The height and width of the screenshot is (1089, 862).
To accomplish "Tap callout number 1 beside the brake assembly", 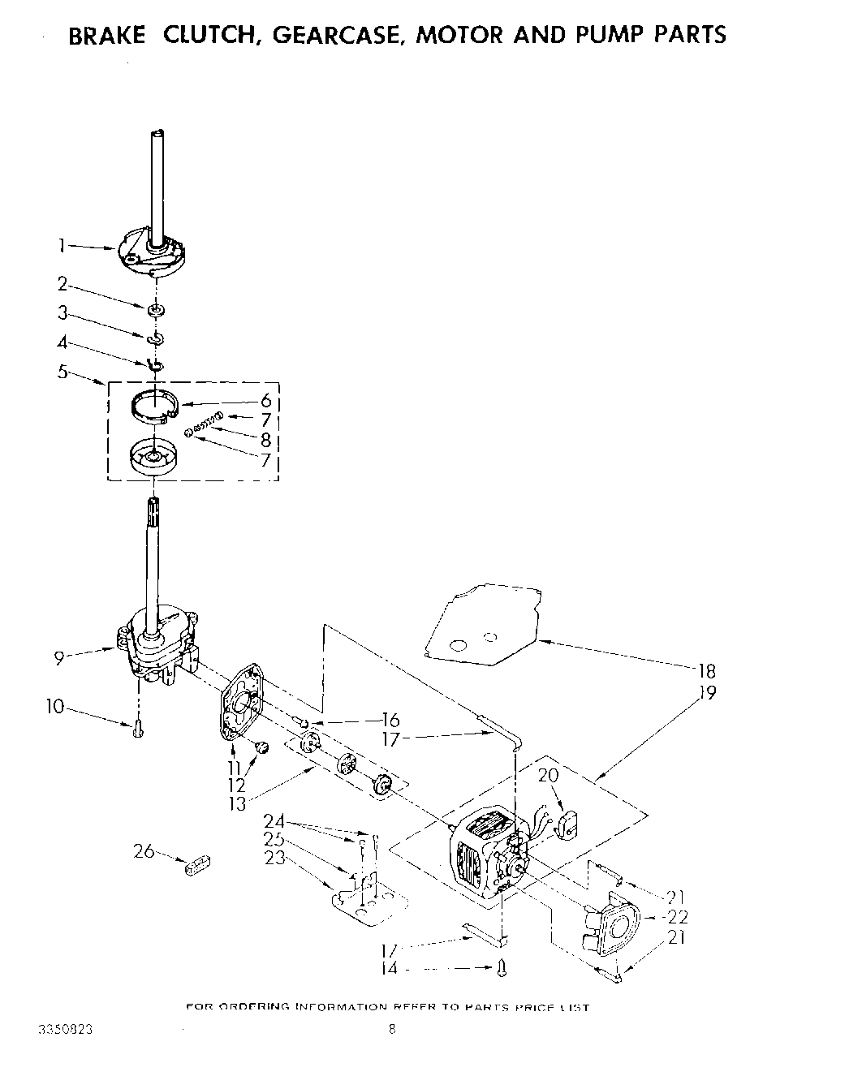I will click(62, 243).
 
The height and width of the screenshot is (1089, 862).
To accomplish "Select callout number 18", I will click(705, 671).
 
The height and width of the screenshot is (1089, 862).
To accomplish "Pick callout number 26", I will click(143, 851).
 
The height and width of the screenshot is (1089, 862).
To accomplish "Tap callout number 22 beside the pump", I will click(679, 917).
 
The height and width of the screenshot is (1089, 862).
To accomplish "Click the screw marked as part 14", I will click(502, 967).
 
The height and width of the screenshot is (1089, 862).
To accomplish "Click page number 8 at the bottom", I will click(392, 1031).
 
